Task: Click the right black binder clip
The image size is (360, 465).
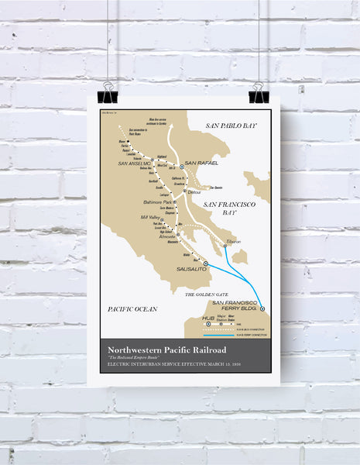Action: (256, 92)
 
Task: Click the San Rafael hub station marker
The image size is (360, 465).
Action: (183, 167)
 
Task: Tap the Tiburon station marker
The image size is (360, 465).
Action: (225, 246)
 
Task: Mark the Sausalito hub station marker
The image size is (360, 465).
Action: (205, 263)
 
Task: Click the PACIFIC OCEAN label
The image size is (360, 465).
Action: (132, 308)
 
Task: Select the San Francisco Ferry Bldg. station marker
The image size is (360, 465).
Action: (263, 308)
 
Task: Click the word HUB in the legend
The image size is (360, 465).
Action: (207, 319)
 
